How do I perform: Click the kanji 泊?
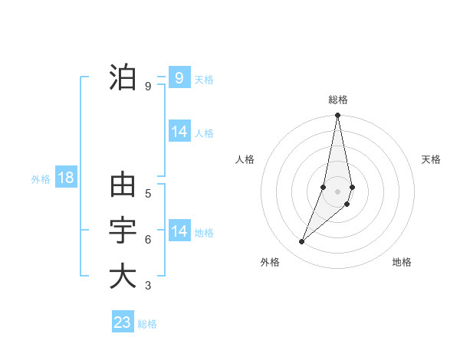pyautogui.click(x=123, y=78)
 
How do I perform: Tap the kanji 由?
pyautogui.click(x=123, y=185)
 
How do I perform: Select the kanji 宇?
pyautogui.click(x=123, y=231)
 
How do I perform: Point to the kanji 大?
pyautogui.click(x=123, y=277)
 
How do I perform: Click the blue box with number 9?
pyautogui.click(x=179, y=77)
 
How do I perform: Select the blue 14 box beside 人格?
pyautogui.click(x=179, y=132)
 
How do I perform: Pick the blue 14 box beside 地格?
pyautogui.click(x=179, y=231)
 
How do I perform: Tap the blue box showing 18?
pyautogui.click(x=66, y=178)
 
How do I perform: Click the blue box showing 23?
pyautogui.click(x=123, y=322)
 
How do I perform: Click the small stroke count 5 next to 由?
pyautogui.click(x=148, y=194)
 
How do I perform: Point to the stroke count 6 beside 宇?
pyautogui.click(x=148, y=240)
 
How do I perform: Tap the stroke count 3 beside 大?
pyautogui.click(x=148, y=286)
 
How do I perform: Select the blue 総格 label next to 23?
pyautogui.click(x=147, y=324)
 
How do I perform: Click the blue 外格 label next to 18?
pyautogui.click(x=41, y=179)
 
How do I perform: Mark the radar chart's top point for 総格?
pyautogui.click(x=337, y=116)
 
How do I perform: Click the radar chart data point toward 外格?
pyautogui.click(x=301, y=242)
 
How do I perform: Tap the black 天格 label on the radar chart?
pyautogui.click(x=432, y=159)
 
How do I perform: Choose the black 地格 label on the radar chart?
pyautogui.click(x=402, y=262)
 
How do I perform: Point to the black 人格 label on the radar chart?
pyautogui.click(x=245, y=159)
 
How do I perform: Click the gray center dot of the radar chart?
pyautogui.click(x=337, y=191)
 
